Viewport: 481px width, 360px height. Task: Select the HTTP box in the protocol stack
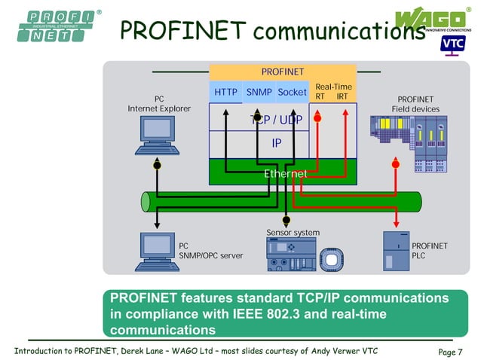225,93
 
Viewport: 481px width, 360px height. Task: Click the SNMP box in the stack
259,93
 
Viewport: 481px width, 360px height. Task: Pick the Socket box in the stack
292,93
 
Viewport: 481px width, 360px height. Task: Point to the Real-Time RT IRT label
332,92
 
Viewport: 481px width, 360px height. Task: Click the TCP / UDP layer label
276,121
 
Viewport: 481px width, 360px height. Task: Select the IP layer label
277,142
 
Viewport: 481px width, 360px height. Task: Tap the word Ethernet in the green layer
285,174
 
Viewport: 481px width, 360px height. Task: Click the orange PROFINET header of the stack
282,72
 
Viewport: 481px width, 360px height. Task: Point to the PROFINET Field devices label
415,104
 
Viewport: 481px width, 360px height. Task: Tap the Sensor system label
293,232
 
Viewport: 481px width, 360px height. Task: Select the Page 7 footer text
450,352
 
